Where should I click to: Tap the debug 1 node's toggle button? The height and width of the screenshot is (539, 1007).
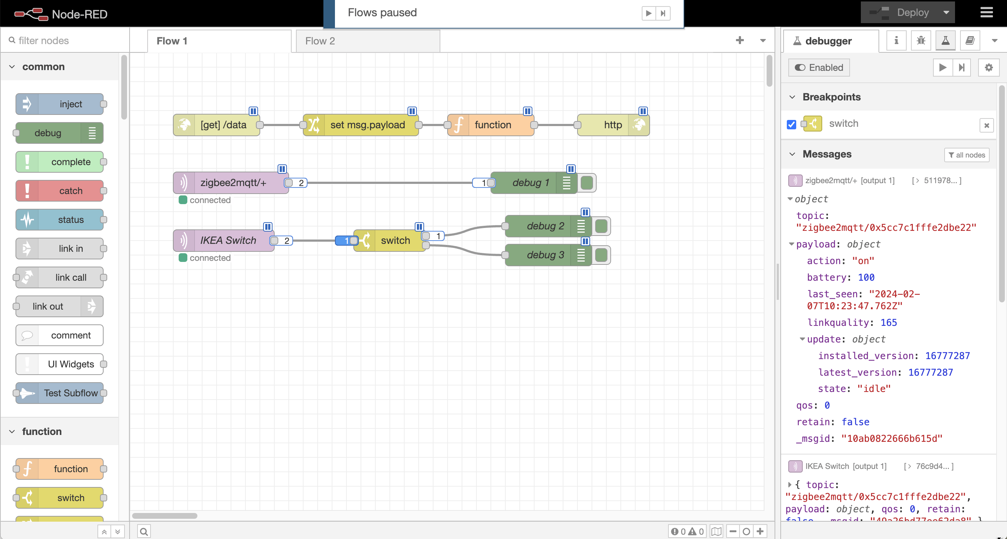coord(587,183)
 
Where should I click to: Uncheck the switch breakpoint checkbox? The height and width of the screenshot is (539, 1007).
coord(792,124)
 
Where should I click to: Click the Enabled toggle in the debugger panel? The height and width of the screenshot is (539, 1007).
coord(819,68)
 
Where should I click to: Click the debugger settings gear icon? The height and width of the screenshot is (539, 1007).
coord(988,68)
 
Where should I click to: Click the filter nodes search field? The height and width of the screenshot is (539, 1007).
coord(66,41)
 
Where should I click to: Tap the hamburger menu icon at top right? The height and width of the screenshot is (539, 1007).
coord(986,13)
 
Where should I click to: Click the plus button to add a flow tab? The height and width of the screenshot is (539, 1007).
coord(740,40)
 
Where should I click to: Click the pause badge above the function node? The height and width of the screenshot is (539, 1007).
coord(527,111)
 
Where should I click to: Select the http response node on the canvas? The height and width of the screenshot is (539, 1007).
coord(613,125)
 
